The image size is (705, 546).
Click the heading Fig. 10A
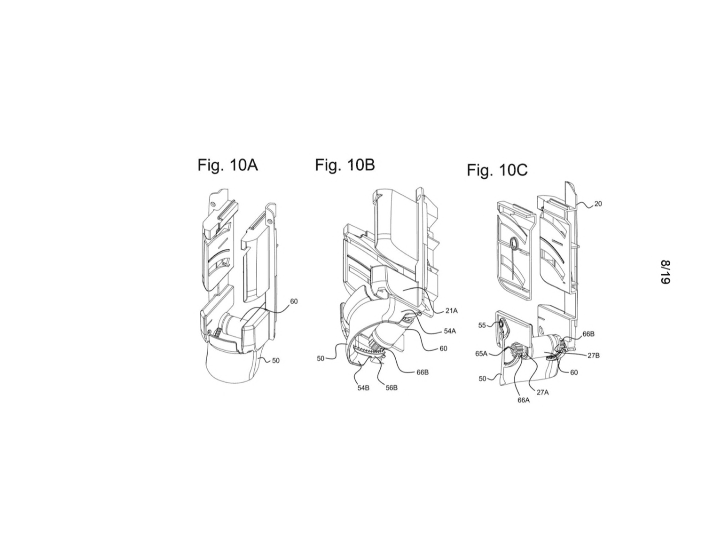pyautogui.click(x=227, y=165)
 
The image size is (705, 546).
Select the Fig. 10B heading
pyautogui.click(x=345, y=165)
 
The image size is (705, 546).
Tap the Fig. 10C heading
pyautogui.click(x=497, y=170)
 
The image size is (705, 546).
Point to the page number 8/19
pyautogui.click(x=665, y=272)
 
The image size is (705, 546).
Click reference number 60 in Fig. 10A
pyautogui.click(x=294, y=301)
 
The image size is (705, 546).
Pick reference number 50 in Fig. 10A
pyautogui.click(x=275, y=360)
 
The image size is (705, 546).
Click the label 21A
pyautogui.click(x=451, y=311)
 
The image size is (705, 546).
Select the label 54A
pyautogui.click(x=450, y=331)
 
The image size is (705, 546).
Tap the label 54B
pyautogui.click(x=363, y=388)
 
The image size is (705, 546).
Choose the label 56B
pyautogui.click(x=391, y=388)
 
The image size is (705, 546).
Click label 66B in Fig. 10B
pyautogui.click(x=423, y=372)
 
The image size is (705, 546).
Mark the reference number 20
pyautogui.click(x=598, y=204)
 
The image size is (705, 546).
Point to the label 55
pyautogui.click(x=482, y=325)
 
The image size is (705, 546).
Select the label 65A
pyautogui.click(x=481, y=354)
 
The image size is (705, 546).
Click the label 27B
pyautogui.click(x=594, y=356)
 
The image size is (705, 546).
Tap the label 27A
pyautogui.click(x=542, y=392)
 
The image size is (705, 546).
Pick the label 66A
pyautogui.click(x=523, y=400)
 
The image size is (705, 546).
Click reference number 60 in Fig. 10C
pyautogui.click(x=574, y=372)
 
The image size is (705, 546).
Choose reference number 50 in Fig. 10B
pyautogui.click(x=321, y=359)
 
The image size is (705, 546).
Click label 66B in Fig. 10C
pyautogui.click(x=588, y=334)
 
